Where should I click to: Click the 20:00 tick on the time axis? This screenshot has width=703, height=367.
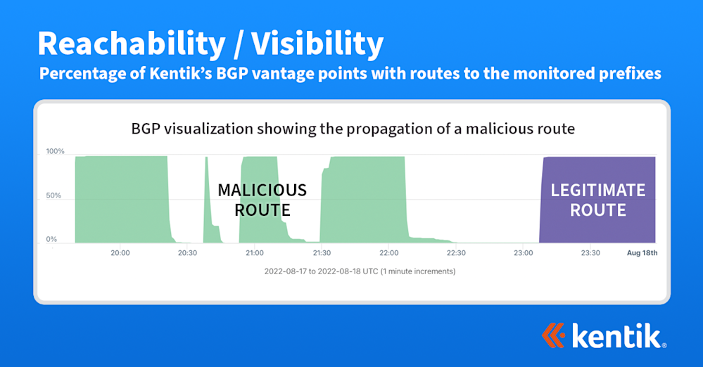click(x=120, y=253)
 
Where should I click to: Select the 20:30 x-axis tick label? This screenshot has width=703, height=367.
click(x=187, y=253)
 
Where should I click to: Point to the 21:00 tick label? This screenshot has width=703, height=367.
click(x=255, y=253)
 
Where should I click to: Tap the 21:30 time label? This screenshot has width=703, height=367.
click(x=322, y=253)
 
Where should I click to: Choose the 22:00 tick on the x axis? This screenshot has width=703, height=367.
click(x=389, y=253)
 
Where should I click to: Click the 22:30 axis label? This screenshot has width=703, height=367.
click(x=456, y=253)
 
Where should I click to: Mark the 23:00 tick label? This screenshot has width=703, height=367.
click(x=524, y=253)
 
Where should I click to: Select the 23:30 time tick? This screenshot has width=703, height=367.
click(x=590, y=253)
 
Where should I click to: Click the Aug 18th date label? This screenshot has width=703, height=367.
click(x=643, y=253)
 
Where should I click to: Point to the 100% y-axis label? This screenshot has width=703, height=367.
click(x=56, y=151)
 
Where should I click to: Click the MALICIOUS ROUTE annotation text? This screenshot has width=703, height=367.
click(x=262, y=200)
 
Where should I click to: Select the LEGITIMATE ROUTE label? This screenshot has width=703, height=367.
click(x=597, y=200)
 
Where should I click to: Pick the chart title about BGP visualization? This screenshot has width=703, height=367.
click(x=352, y=129)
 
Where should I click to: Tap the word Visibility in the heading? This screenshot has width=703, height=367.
click(x=317, y=44)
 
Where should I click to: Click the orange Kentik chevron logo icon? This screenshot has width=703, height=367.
click(x=554, y=335)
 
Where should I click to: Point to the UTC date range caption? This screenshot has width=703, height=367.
click(x=360, y=271)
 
